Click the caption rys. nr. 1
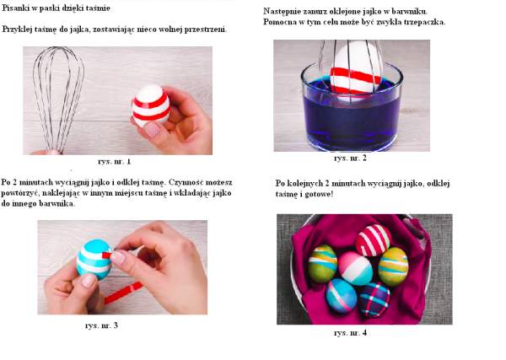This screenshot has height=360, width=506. click(x=114, y=161)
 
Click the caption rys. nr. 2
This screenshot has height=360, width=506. click(x=350, y=158)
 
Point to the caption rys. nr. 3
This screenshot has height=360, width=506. click(x=101, y=325)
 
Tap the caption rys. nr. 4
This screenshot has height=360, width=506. click(x=350, y=332)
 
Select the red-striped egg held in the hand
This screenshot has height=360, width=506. click(x=151, y=105)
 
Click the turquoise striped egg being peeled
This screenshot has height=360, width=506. click(x=94, y=259)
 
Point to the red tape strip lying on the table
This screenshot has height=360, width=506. click(x=123, y=293)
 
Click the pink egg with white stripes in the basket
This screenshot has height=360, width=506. click(x=374, y=239)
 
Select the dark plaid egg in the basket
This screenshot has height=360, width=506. click(x=374, y=299)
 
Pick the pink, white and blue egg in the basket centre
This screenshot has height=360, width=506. click(x=355, y=269)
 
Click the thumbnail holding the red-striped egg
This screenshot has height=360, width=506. click(x=151, y=130)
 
